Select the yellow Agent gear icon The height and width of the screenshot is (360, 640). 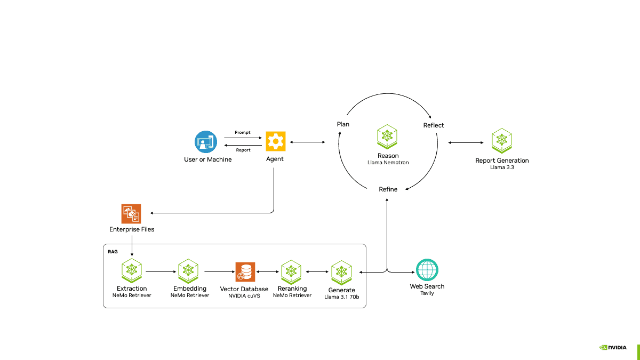click(x=275, y=141)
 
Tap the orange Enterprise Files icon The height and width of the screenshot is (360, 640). click(x=131, y=213)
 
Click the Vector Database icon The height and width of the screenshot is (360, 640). click(x=245, y=271)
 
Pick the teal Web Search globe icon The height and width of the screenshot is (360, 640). click(x=427, y=270)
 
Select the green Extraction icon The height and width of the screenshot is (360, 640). click(x=132, y=271)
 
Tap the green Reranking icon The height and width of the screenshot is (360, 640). click(x=292, y=271)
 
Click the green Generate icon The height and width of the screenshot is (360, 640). click(x=342, y=272)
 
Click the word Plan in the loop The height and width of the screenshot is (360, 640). click(x=343, y=124)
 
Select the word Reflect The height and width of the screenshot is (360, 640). click(x=434, y=125)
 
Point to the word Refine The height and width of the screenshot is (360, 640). click(x=388, y=189)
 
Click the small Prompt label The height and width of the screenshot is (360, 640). click(x=243, y=132)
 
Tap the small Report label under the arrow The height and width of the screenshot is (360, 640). click(x=243, y=150)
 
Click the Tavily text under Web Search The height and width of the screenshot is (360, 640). click(x=427, y=293)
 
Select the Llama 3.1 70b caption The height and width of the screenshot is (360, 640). click(x=341, y=297)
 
